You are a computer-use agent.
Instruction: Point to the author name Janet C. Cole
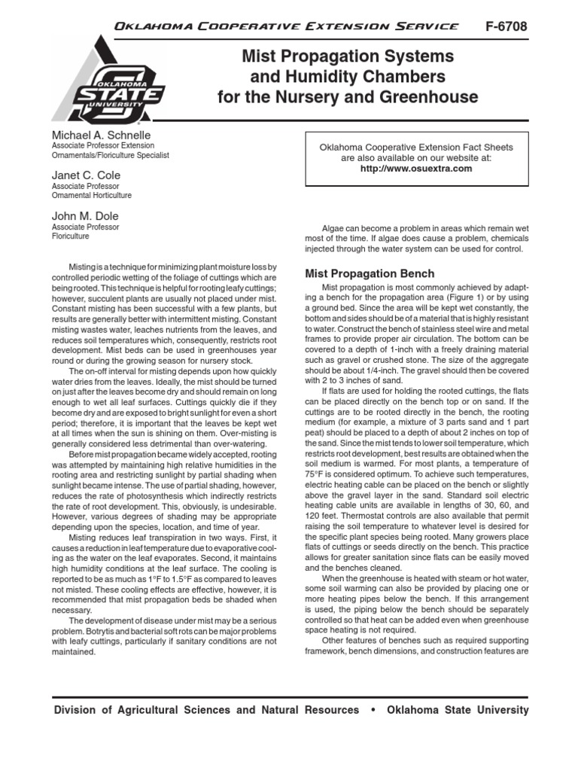pyautogui.click(x=86, y=175)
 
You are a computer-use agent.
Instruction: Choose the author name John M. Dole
pyautogui.click(x=85, y=216)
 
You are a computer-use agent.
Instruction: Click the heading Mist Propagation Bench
pyautogui.click(x=370, y=273)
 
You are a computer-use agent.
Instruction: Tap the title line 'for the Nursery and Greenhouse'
pyautogui.click(x=348, y=97)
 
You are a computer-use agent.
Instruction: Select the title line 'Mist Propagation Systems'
pyautogui.click(x=347, y=56)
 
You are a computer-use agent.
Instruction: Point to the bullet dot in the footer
pyautogui.click(x=373, y=710)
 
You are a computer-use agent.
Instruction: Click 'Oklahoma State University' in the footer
pyautogui.click(x=457, y=710)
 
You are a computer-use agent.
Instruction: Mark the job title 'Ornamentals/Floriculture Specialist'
pyautogui.click(x=111, y=155)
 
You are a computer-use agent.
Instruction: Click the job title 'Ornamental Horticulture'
pyautogui.click(x=91, y=196)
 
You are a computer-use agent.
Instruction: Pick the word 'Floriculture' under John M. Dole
pyautogui.click(x=71, y=236)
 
